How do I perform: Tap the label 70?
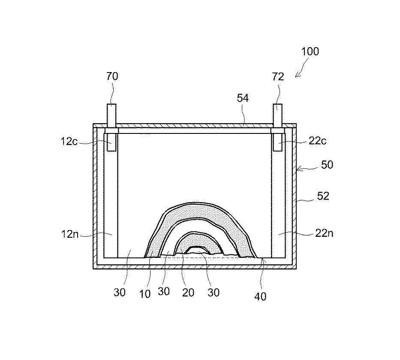tap(112, 77)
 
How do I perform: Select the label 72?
tap(278, 77)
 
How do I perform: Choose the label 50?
tap(327, 165)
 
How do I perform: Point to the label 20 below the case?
tap(188, 292)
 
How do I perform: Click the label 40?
tap(260, 296)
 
